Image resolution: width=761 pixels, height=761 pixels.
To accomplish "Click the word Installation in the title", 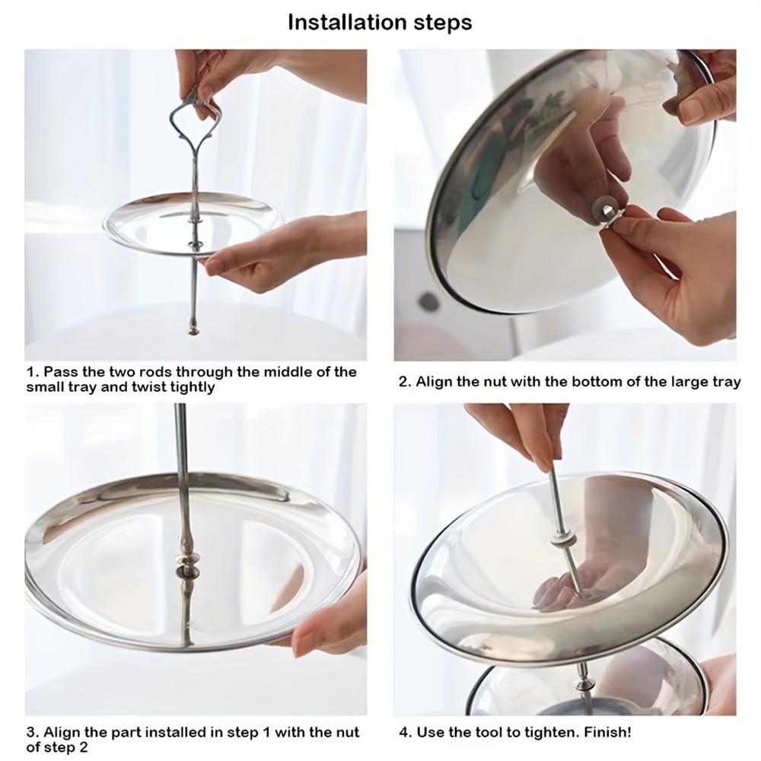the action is click(346, 23).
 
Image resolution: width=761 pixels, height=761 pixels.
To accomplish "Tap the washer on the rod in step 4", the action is click(562, 540).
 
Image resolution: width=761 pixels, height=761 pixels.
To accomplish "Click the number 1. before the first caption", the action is click(32, 372).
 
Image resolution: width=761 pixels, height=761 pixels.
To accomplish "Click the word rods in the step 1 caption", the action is click(156, 372).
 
